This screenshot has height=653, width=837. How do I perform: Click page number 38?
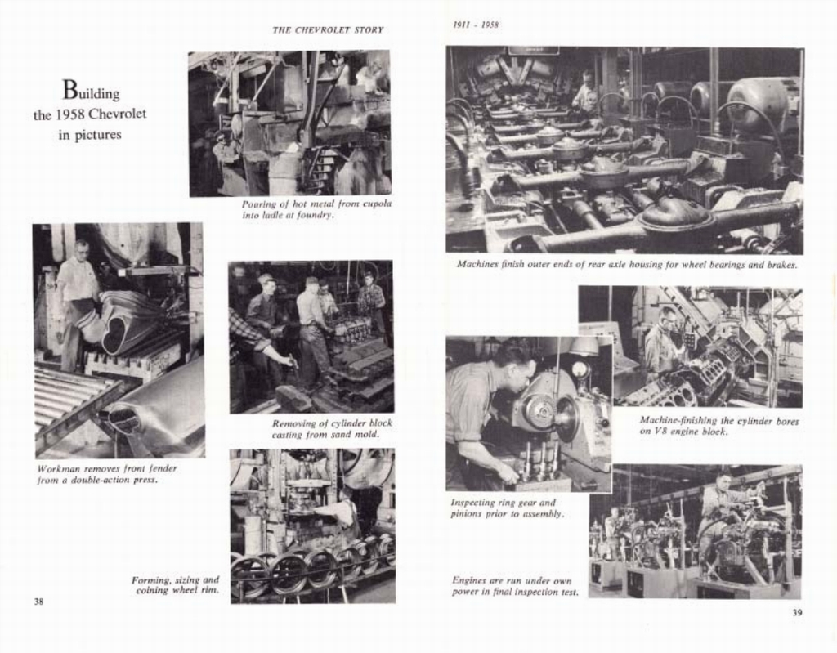tap(38, 602)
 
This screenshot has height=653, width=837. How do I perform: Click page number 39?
tap(797, 612)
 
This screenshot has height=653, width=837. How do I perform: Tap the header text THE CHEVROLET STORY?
tap(328, 30)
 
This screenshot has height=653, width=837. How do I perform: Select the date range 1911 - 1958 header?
tap(476, 25)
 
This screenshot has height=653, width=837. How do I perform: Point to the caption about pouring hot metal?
tap(316, 209)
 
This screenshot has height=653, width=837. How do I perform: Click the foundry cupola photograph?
tap(289, 123)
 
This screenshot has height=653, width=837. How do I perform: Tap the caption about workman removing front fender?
tap(107, 474)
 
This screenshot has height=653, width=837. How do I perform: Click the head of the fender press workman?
tap(82, 248)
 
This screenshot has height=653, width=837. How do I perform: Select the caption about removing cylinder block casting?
tap(332, 429)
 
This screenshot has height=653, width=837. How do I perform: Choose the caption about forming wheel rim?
tap(175, 584)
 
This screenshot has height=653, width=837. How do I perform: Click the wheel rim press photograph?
tap(312, 526)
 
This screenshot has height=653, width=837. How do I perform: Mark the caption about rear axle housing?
tap(626, 265)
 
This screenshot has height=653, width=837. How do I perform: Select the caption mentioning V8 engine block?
tap(718, 426)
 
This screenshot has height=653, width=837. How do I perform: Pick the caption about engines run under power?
tap(515, 585)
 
